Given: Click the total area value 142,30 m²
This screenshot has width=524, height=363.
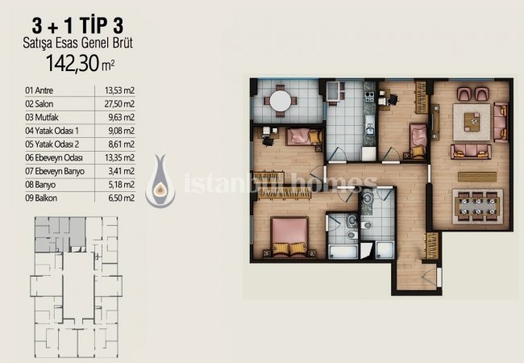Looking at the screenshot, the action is [x=80, y=63].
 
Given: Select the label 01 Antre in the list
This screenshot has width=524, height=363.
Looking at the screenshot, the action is [x=40, y=90].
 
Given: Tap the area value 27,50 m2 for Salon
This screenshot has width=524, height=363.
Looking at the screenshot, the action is [x=119, y=104].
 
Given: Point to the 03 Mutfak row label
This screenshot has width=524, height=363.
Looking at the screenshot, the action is [x=42, y=117].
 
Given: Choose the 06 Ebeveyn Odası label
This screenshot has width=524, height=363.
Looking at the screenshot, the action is [x=54, y=158].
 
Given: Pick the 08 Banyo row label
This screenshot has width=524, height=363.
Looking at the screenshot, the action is [x=40, y=185].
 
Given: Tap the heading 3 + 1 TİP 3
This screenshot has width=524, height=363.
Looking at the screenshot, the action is [x=77, y=26].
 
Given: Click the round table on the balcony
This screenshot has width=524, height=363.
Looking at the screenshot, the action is [x=281, y=101].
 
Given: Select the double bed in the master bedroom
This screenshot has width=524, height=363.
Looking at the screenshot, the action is [x=289, y=237].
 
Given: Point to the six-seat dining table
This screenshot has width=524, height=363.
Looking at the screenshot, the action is [x=477, y=207].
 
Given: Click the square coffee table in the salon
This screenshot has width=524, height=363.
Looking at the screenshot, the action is [x=472, y=122].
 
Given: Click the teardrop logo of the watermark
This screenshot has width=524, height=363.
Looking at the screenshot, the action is [x=160, y=181].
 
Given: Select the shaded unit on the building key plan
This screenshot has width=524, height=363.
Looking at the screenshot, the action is [x=60, y=234].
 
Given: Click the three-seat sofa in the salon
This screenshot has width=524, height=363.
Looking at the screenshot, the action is [x=471, y=152].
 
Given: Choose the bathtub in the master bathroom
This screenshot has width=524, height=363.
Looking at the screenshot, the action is [x=343, y=252].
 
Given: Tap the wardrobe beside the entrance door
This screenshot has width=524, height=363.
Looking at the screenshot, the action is [x=432, y=246].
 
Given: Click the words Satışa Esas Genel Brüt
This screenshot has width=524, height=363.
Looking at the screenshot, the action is [x=78, y=43].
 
